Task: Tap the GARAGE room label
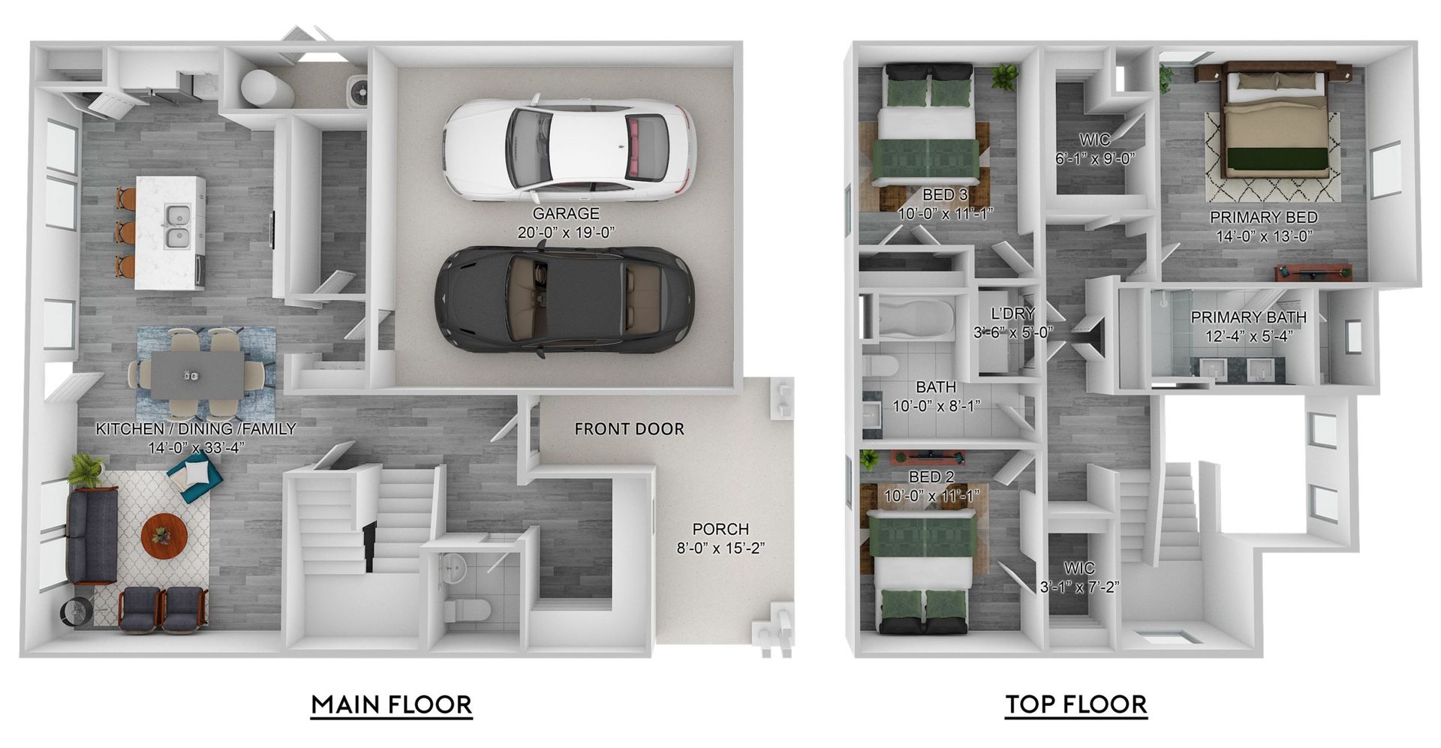tap(566, 214)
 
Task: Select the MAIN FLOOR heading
tap(392, 705)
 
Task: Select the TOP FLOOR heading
tap(1075, 705)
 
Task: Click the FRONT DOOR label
tap(629, 429)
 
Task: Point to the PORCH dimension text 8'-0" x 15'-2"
tap(720, 548)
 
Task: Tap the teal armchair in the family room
tap(194, 476)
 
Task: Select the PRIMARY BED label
tap(1264, 218)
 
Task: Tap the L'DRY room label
tap(1012, 314)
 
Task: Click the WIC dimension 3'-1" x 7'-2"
tap(1079, 587)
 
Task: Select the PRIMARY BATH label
tap(1248, 317)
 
